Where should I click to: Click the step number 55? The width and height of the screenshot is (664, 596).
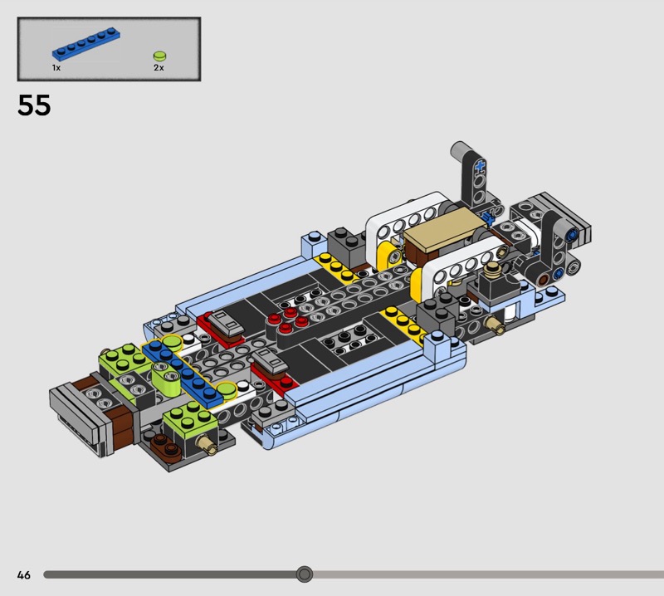34,105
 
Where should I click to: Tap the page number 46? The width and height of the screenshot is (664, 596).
24,574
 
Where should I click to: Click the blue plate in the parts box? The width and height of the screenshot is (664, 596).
86,44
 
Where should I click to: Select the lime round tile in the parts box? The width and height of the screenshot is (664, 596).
159,56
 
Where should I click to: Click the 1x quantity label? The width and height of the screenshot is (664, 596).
56,68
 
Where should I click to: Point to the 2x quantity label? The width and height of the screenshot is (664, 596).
159,68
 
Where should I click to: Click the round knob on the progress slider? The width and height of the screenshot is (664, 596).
304,574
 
